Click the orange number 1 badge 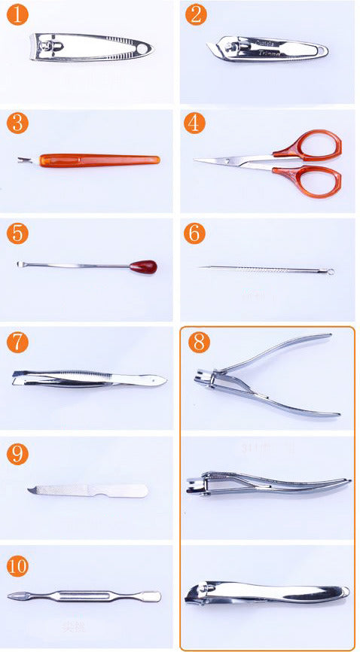[17, 14]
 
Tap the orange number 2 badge [195, 14]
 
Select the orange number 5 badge [17, 233]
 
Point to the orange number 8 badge [197, 342]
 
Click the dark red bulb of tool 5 [143, 266]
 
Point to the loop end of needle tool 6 [330, 270]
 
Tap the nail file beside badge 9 [89, 490]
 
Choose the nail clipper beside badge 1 [90, 47]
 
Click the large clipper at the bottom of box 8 [267, 593]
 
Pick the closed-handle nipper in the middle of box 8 [267, 481]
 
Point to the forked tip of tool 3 [22, 160]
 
